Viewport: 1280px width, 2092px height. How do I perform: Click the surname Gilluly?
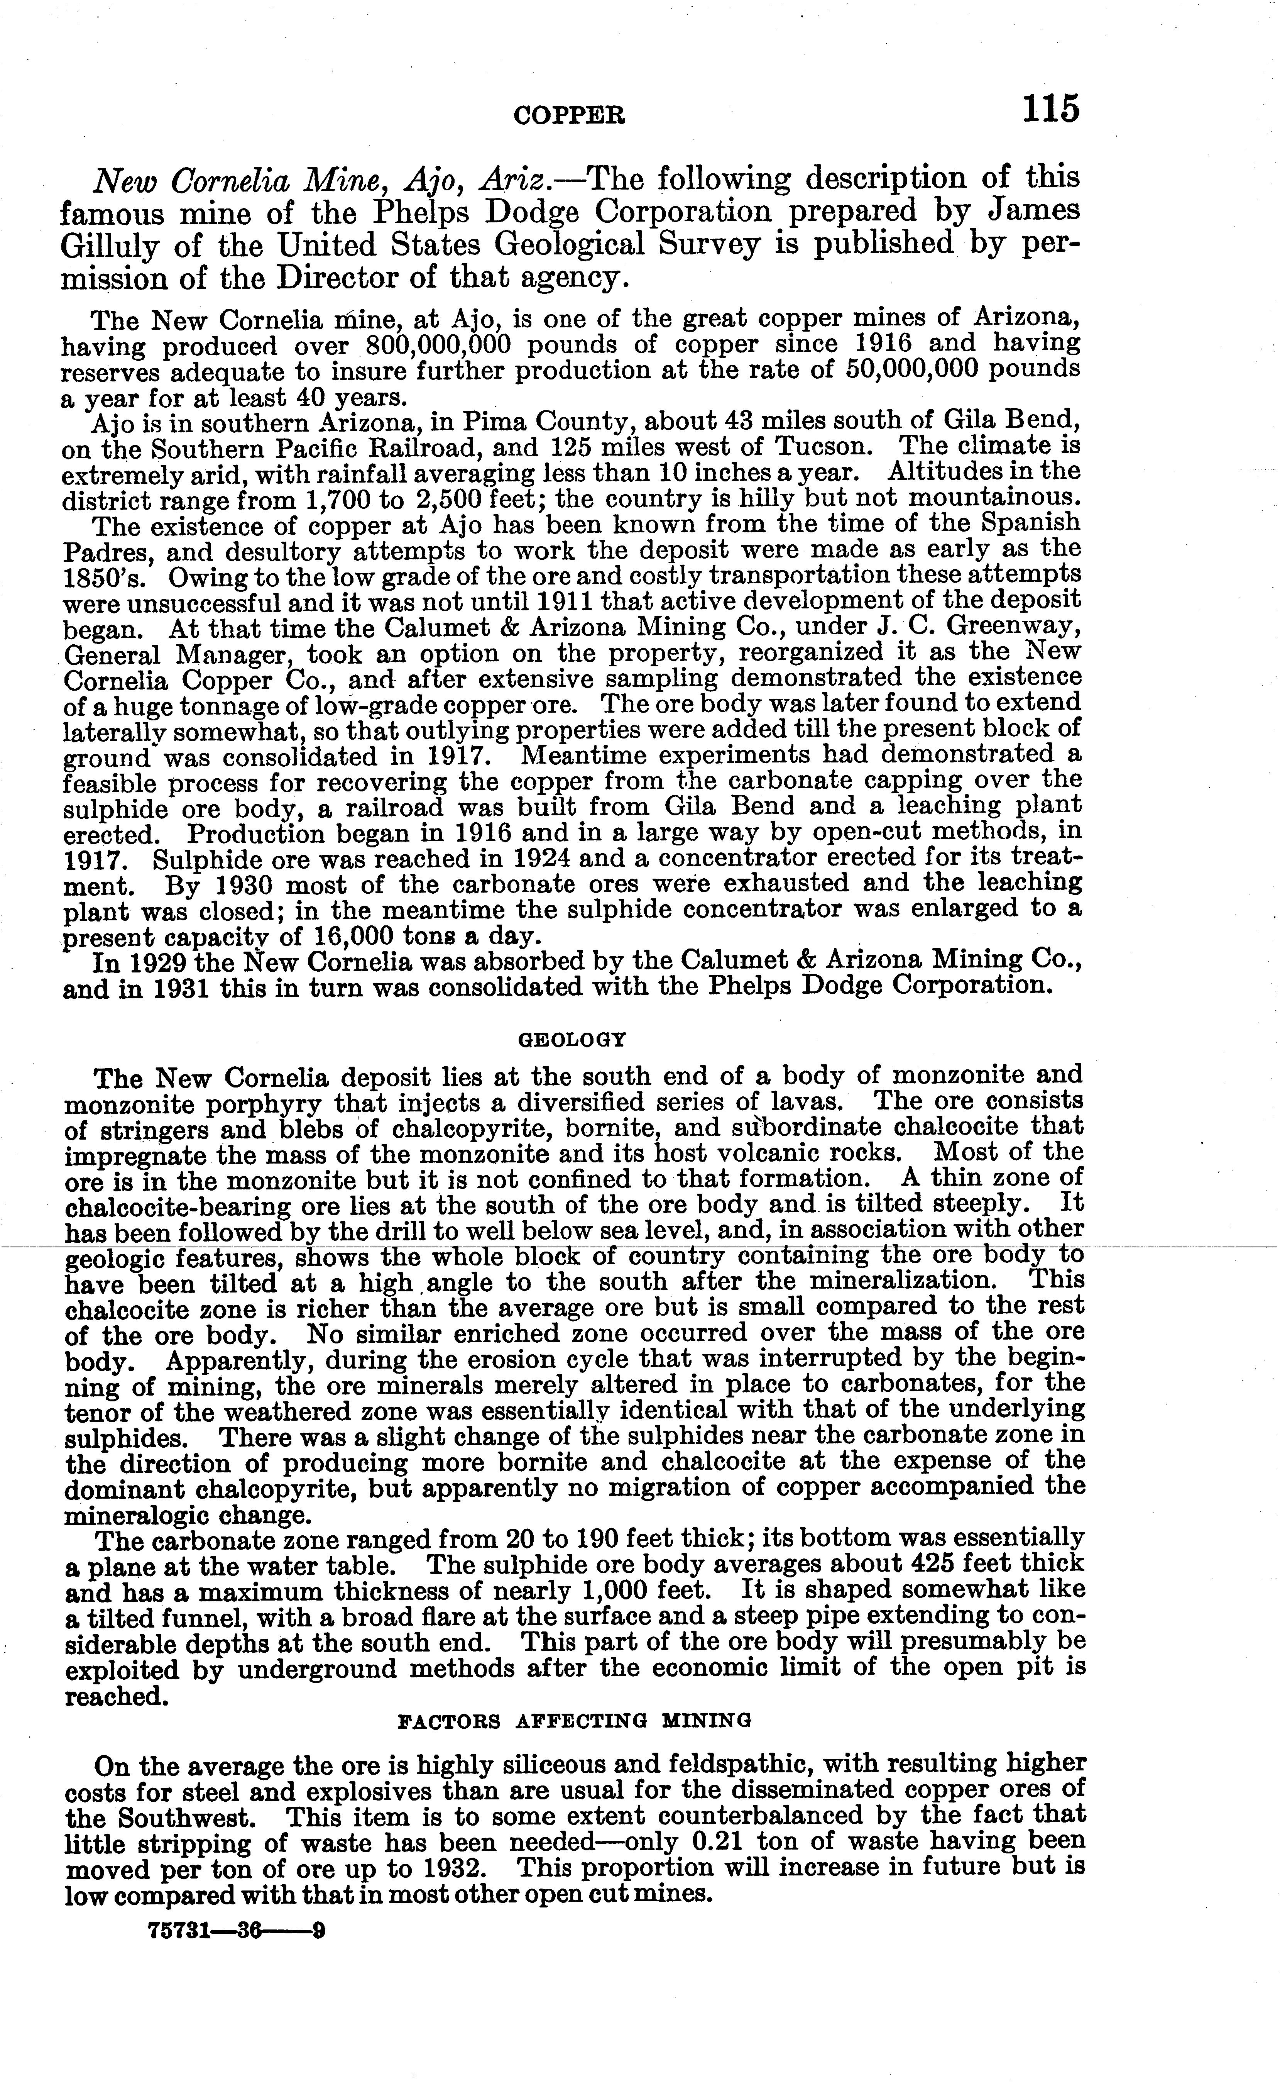(x=110, y=246)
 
